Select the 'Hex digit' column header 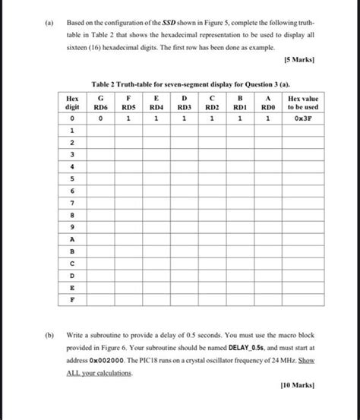click(x=72, y=103)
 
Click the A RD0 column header click(x=267, y=103)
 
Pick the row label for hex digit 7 click(x=72, y=203)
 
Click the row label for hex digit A click(x=72, y=238)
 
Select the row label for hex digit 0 click(x=72, y=119)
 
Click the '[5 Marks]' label click(x=298, y=59)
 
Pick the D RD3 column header click(x=184, y=103)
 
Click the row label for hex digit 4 click(x=72, y=167)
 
